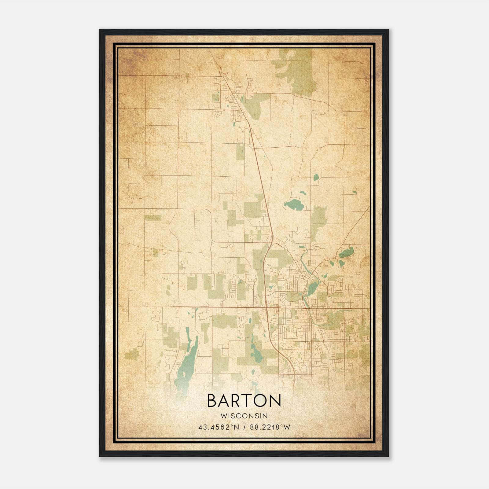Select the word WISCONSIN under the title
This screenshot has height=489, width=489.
pos(244,416)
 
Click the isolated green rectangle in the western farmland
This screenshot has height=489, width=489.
pos(153,218)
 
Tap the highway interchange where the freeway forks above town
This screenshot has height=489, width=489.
pos(271,243)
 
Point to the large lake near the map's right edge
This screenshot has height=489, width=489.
pos(347,252)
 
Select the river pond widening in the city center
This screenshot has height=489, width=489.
pos(313,287)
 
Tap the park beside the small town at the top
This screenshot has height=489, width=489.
pos(257,105)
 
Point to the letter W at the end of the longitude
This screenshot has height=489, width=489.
pos(286,427)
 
